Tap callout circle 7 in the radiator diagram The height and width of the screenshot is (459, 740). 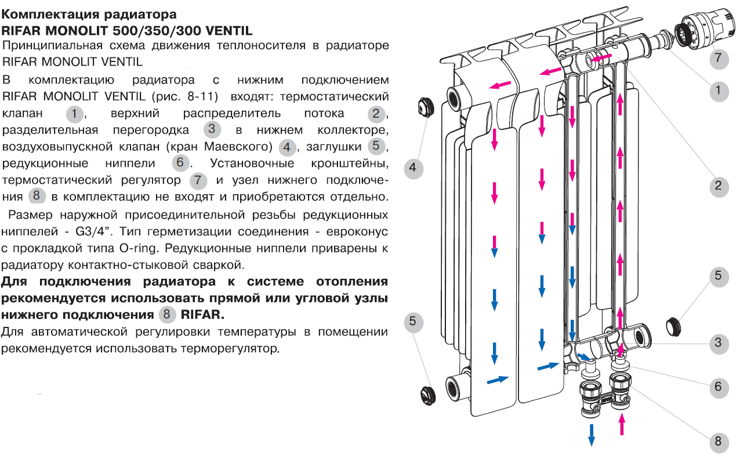tap(718, 57)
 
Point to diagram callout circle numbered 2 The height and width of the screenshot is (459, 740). tap(718, 185)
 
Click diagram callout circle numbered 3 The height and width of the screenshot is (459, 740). tap(718, 342)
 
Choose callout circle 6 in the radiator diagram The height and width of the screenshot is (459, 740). tap(718, 386)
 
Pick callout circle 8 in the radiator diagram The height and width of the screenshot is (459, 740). tap(718, 442)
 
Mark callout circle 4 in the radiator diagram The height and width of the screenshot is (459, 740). tap(412, 168)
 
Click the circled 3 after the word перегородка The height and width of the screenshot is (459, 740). tap(213, 129)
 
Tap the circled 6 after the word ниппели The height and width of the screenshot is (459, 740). tap(180, 163)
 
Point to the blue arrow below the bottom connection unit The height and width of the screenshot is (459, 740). tap(592, 434)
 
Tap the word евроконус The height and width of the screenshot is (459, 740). tap(354, 232)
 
